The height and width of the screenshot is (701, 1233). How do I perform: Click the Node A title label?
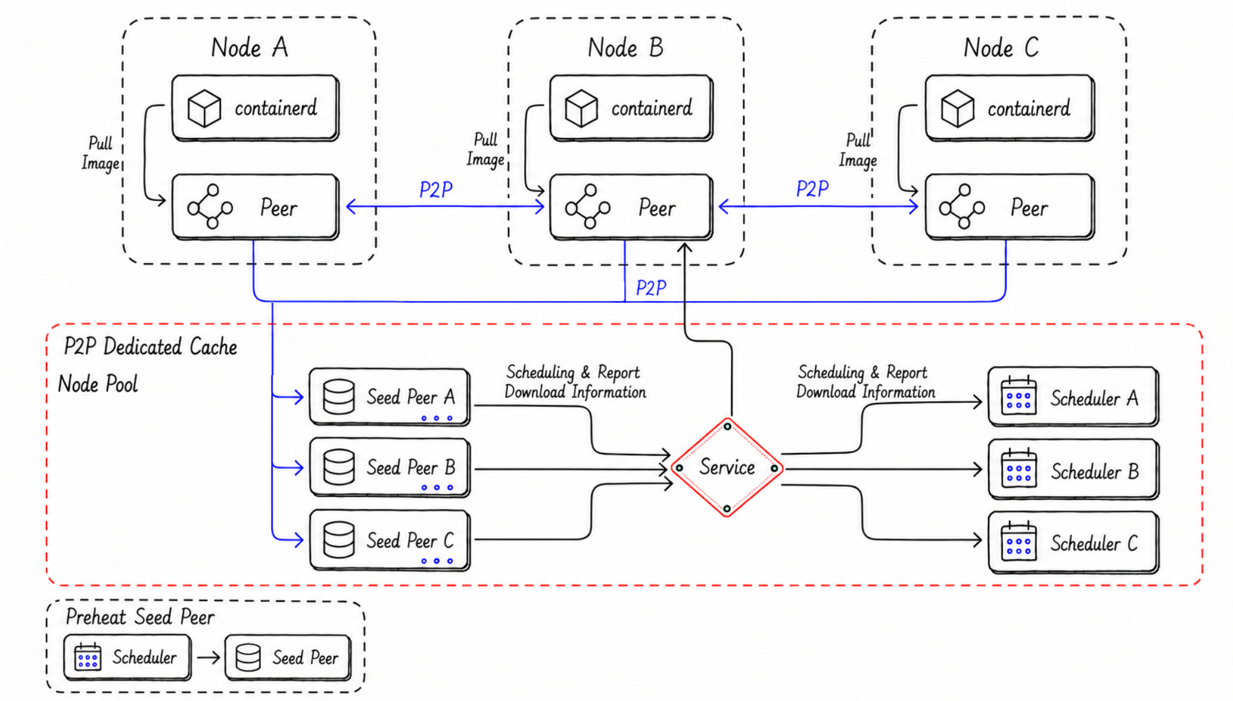(249, 47)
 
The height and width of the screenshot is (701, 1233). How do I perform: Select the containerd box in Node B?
(631, 108)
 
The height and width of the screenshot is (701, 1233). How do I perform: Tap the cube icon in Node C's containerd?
(958, 109)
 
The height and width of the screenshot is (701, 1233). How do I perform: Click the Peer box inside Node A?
(255, 207)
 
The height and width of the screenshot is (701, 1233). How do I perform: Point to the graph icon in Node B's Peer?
(588, 207)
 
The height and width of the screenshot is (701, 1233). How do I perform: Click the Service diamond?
(727, 468)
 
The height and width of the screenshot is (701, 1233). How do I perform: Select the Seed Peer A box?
(389, 397)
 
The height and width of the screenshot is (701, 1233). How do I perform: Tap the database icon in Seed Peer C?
(339, 539)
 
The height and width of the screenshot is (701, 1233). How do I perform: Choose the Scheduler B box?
(1074, 470)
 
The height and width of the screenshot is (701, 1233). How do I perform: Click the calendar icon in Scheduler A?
(1019, 396)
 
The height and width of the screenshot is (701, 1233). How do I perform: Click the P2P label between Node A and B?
(436, 190)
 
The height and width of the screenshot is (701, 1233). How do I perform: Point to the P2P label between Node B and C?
(812, 189)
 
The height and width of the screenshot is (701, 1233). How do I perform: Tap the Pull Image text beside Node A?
(100, 153)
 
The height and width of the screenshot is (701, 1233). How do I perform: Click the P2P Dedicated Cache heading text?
(150, 347)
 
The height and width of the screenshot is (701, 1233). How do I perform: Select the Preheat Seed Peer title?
(140, 617)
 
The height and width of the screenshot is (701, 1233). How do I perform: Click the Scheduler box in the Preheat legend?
(127, 657)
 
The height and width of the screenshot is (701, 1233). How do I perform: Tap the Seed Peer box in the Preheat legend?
(288, 657)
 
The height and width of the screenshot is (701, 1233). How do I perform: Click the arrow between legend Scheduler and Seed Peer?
(208, 657)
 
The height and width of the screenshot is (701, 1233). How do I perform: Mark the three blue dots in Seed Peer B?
(437, 487)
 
